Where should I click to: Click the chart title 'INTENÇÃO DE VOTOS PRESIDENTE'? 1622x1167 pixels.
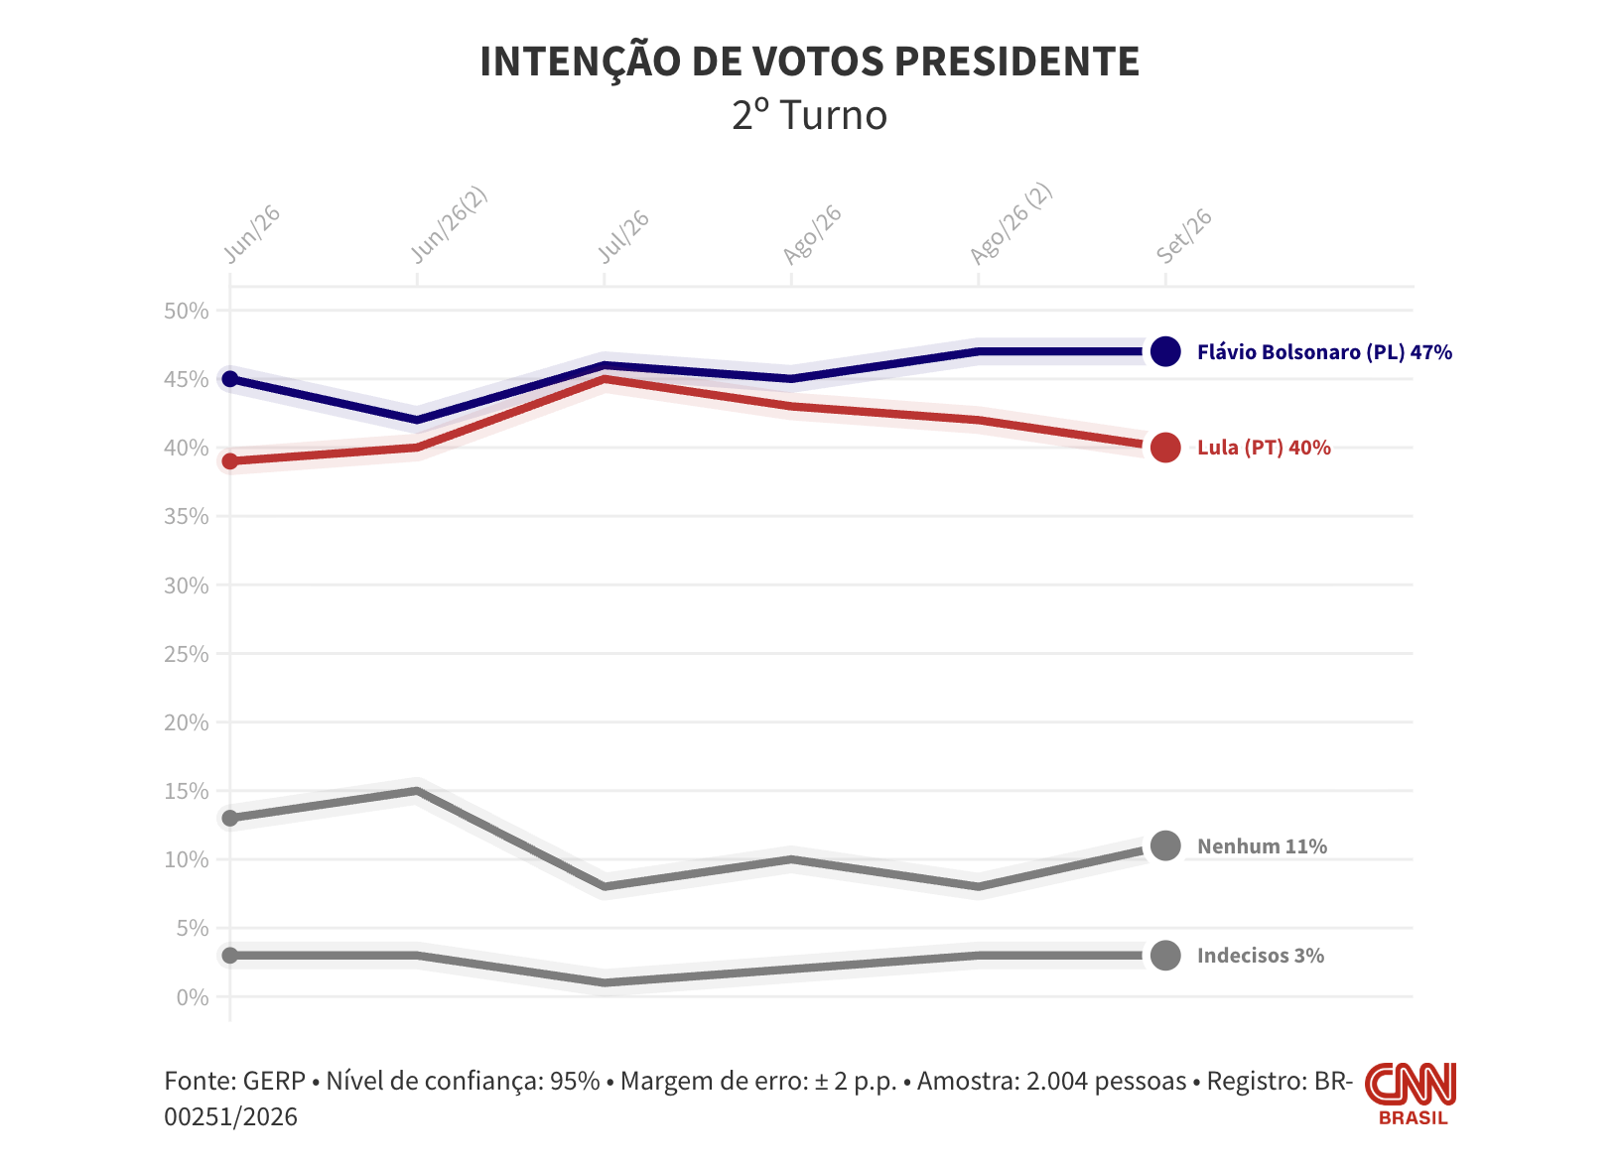(x=810, y=62)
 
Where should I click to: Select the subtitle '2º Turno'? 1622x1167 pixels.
(x=810, y=115)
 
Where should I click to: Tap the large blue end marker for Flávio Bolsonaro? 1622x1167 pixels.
(x=1165, y=352)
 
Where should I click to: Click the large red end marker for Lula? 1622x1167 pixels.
(x=1165, y=448)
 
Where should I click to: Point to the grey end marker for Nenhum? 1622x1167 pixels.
(x=1165, y=845)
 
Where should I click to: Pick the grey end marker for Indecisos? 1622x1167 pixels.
(x=1165, y=956)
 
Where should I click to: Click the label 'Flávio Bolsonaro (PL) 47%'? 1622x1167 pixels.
(x=1324, y=352)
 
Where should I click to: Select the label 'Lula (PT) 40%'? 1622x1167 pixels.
(x=1264, y=449)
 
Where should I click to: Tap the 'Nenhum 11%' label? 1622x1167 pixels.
(x=1262, y=846)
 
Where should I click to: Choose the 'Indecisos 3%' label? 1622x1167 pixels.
(x=1260, y=956)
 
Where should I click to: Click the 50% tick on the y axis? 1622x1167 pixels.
(x=186, y=312)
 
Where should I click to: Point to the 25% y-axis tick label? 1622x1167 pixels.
(x=186, y=654)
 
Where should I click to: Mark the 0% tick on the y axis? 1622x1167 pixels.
(x=193, y=997)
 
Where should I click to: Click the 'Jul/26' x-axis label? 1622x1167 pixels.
(x=622, y=236)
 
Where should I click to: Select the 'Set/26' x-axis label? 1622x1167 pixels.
(x=1184, y=235)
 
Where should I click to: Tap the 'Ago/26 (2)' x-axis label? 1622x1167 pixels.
(x=1011, y=223)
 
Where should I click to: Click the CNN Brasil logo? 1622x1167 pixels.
(x=1412, y=1094)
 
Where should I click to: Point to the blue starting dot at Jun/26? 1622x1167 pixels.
(x=230, y=379)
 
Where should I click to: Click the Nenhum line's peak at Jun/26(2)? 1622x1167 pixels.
(x=417, y=791)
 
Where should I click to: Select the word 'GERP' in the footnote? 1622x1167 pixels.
(x=274, y=1081)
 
